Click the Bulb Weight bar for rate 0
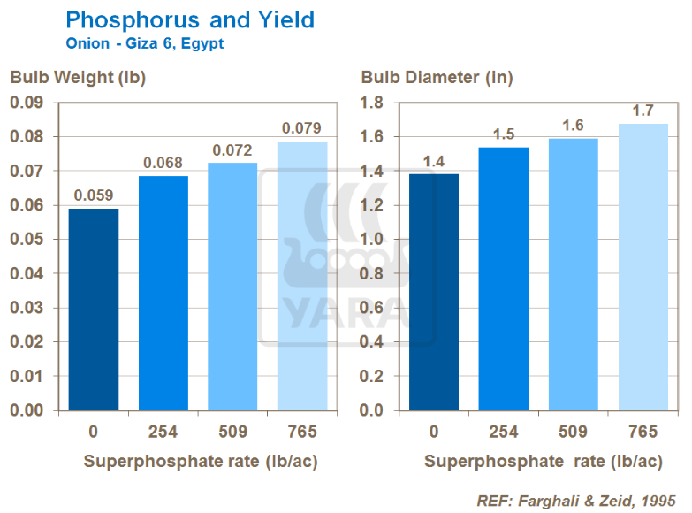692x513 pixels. [x=93, y=310]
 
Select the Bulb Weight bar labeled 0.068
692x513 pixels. [x=163, y=293]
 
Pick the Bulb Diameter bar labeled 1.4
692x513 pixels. [x=434, y=292]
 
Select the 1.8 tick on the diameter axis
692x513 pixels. [x=372, y=103]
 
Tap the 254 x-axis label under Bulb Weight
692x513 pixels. [x=163, y=433]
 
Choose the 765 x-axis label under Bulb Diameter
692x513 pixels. [x=643, y=433]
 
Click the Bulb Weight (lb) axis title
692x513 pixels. [x=78, y=78]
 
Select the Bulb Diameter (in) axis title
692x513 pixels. [x=437, y=78]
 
